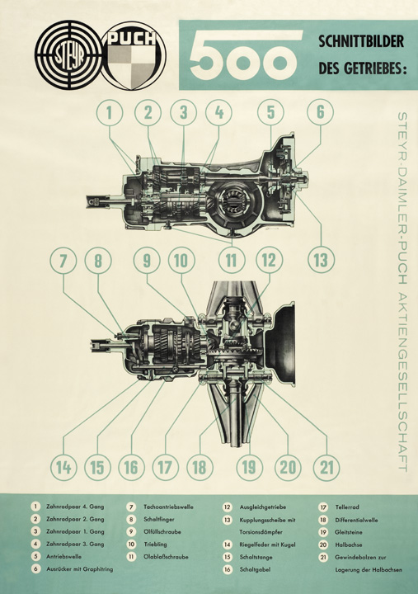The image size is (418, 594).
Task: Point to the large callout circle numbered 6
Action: [x=320, y=111]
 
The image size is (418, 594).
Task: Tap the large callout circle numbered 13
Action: [x=320, y=260]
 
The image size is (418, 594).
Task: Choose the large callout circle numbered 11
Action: [x=233, y=260]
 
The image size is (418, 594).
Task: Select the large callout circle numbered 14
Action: [x=62, y=468]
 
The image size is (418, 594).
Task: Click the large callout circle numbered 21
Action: [x=327, y=468]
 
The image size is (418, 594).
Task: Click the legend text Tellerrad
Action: [x=351, y=507]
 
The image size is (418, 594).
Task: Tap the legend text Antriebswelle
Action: [x=66, y=557]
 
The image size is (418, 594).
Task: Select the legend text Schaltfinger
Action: [x=162, y=519]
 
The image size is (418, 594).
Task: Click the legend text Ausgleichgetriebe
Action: [x=264, y=507]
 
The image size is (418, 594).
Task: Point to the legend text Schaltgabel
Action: [x=256, y=570]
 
